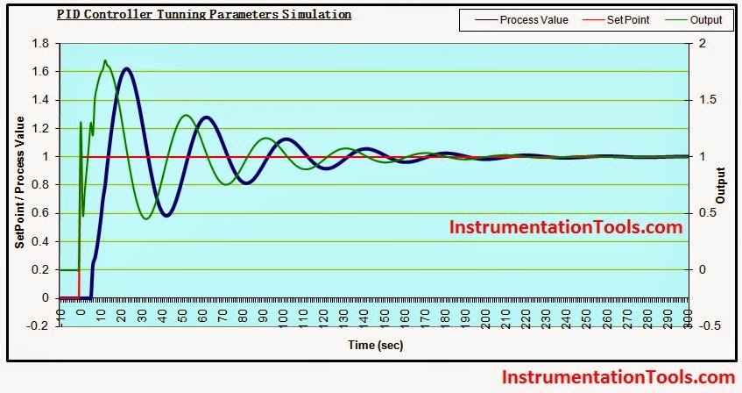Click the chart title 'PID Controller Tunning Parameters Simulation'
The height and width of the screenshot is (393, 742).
coord(203,15)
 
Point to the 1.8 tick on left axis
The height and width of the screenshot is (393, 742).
coord(40,44)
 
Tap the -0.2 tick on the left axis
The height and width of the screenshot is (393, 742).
coord(39,326)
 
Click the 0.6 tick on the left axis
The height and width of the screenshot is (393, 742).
coord(40,213)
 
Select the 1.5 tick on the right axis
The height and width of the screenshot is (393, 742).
coord(708,100)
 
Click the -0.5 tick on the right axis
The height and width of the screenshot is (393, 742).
coord(710,326)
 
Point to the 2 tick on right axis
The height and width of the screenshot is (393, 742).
coord(701,44)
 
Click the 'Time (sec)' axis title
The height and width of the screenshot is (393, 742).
coord(375,346)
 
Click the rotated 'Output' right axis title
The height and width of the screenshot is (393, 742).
coord(722,185)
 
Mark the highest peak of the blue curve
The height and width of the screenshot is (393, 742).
coord(127,68)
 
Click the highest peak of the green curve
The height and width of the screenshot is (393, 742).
coord(105,61)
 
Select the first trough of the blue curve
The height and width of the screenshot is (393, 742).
coord(166,216)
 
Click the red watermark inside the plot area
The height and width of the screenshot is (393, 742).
coord(565,227)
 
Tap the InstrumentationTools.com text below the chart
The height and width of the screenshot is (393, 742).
coord(618,377)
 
